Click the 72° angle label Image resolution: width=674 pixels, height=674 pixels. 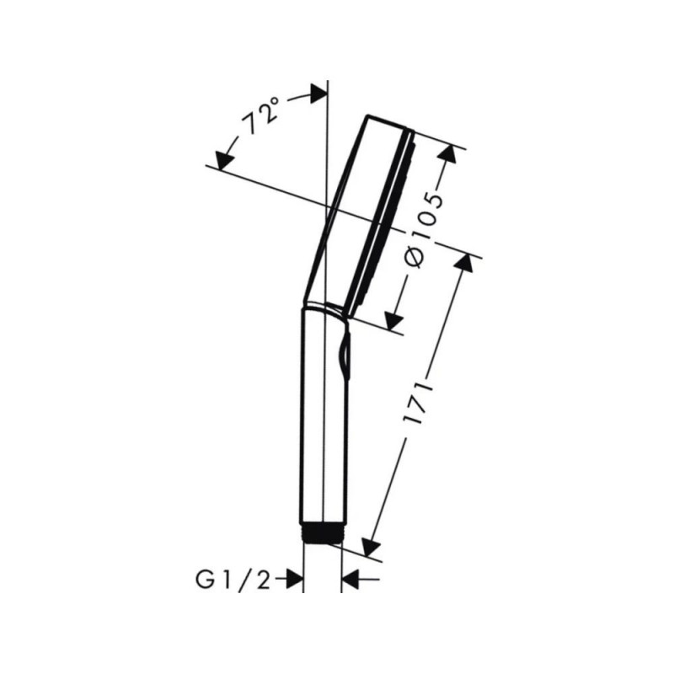click(x=259, y=115)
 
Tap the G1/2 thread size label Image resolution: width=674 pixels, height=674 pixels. click(x=233, y=580)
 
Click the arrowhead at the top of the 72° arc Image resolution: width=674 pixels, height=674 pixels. click(x=318, y=94)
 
